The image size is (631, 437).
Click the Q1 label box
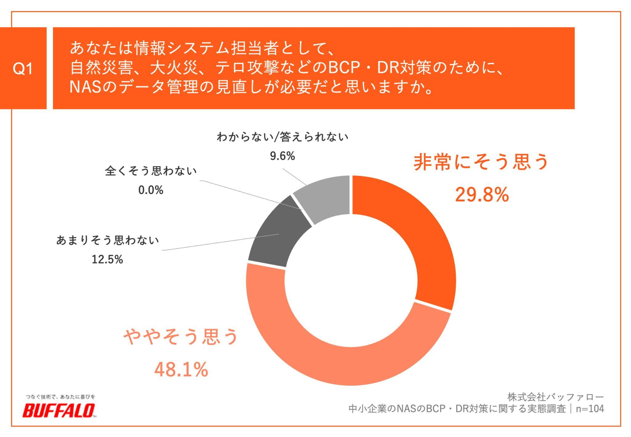click(x=23, y=68)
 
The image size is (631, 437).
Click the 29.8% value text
click(x=482, y=195)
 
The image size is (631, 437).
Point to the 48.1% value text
click(x=181, y=370)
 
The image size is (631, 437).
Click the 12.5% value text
click(x=107, y=259)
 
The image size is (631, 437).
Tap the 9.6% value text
click(x=282, y=156)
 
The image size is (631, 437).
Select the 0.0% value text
click(x=151, y=190)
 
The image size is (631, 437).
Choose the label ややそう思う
click(x=181, y=337)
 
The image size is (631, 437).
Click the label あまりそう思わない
click(x=108, y=240)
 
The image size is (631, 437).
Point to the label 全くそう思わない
click(x=151, y=171)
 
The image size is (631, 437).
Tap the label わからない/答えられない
click(x=282, y=137)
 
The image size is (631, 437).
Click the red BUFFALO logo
click(x=59, y=410)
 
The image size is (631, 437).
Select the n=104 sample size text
click(x=590, y=409)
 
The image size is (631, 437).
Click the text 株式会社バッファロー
click(x=556, y=397)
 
